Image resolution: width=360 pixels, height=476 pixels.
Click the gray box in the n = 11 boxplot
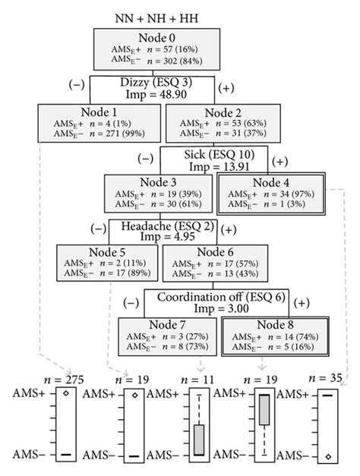199,440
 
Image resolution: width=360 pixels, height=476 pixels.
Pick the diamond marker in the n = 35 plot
327,456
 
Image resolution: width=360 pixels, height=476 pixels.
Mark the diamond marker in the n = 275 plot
66,394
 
